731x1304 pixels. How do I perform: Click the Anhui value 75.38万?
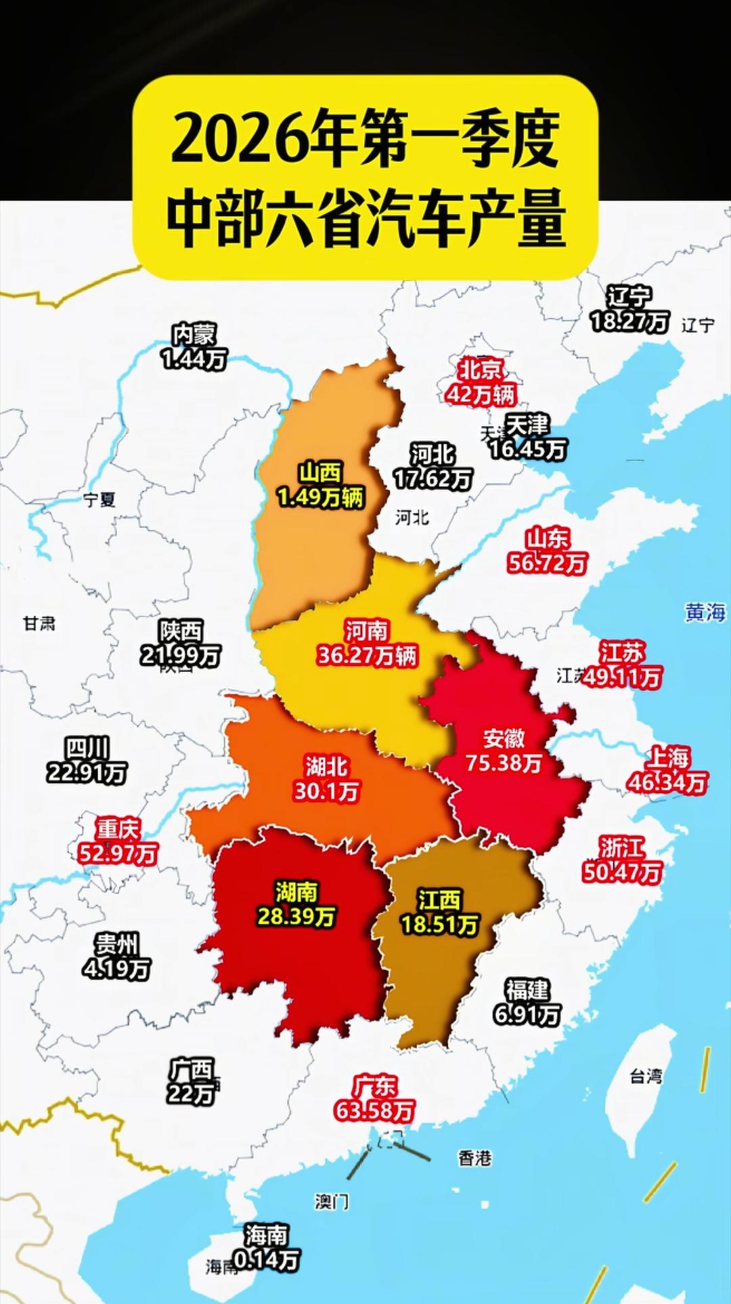click(504, 763)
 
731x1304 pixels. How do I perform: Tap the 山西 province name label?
click(321, 472)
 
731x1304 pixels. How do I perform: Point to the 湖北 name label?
click(326, 766)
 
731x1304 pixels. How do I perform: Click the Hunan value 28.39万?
click(296, 917)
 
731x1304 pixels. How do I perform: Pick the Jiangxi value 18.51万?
click(440, 925)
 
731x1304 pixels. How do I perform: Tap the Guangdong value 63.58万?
click(374, 1111)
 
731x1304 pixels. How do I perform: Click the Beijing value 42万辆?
click(481, 394)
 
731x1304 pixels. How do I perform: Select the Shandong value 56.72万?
click(548, 563)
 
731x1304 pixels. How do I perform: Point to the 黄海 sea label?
click(705, 612)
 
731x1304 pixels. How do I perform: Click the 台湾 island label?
click(646, 1076)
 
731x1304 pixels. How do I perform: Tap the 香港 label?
click(474, 1158)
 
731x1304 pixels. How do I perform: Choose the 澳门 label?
click(332, 1202)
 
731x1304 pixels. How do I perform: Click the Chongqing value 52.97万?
click(118, 853)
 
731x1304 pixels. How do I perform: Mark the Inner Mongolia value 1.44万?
click(194, 358)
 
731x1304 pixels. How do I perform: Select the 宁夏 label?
click(99, 500)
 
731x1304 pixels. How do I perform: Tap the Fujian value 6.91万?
click(527, 1015)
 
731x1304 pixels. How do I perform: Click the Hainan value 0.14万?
click(267, 1260)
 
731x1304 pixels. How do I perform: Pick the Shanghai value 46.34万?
click(668, 782)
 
